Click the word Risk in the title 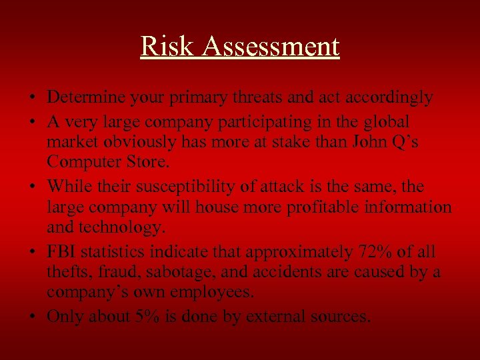159,47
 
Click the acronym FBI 62,252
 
